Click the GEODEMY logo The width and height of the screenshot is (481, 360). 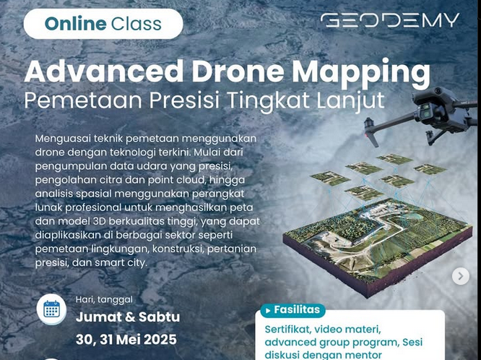(x=389, y=20)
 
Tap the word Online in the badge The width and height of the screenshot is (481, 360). (x=75, y=24)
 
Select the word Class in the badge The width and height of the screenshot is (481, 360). (x=136, y=24)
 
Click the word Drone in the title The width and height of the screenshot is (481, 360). (x=238, y=72)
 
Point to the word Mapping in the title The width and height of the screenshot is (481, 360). (x=361, y=74)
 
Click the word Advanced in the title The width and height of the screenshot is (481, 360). (x=104, y=71)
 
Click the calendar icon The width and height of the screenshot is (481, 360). (x=51, y=309)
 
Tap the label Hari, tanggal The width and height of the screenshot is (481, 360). (x=104, y=299)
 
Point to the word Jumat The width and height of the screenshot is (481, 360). (x=97, y=317)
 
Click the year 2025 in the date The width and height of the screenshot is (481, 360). (x=160, y=340)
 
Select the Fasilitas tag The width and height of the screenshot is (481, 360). (x=293, y=310)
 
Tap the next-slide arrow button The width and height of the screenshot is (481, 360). (x=461, y=276)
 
